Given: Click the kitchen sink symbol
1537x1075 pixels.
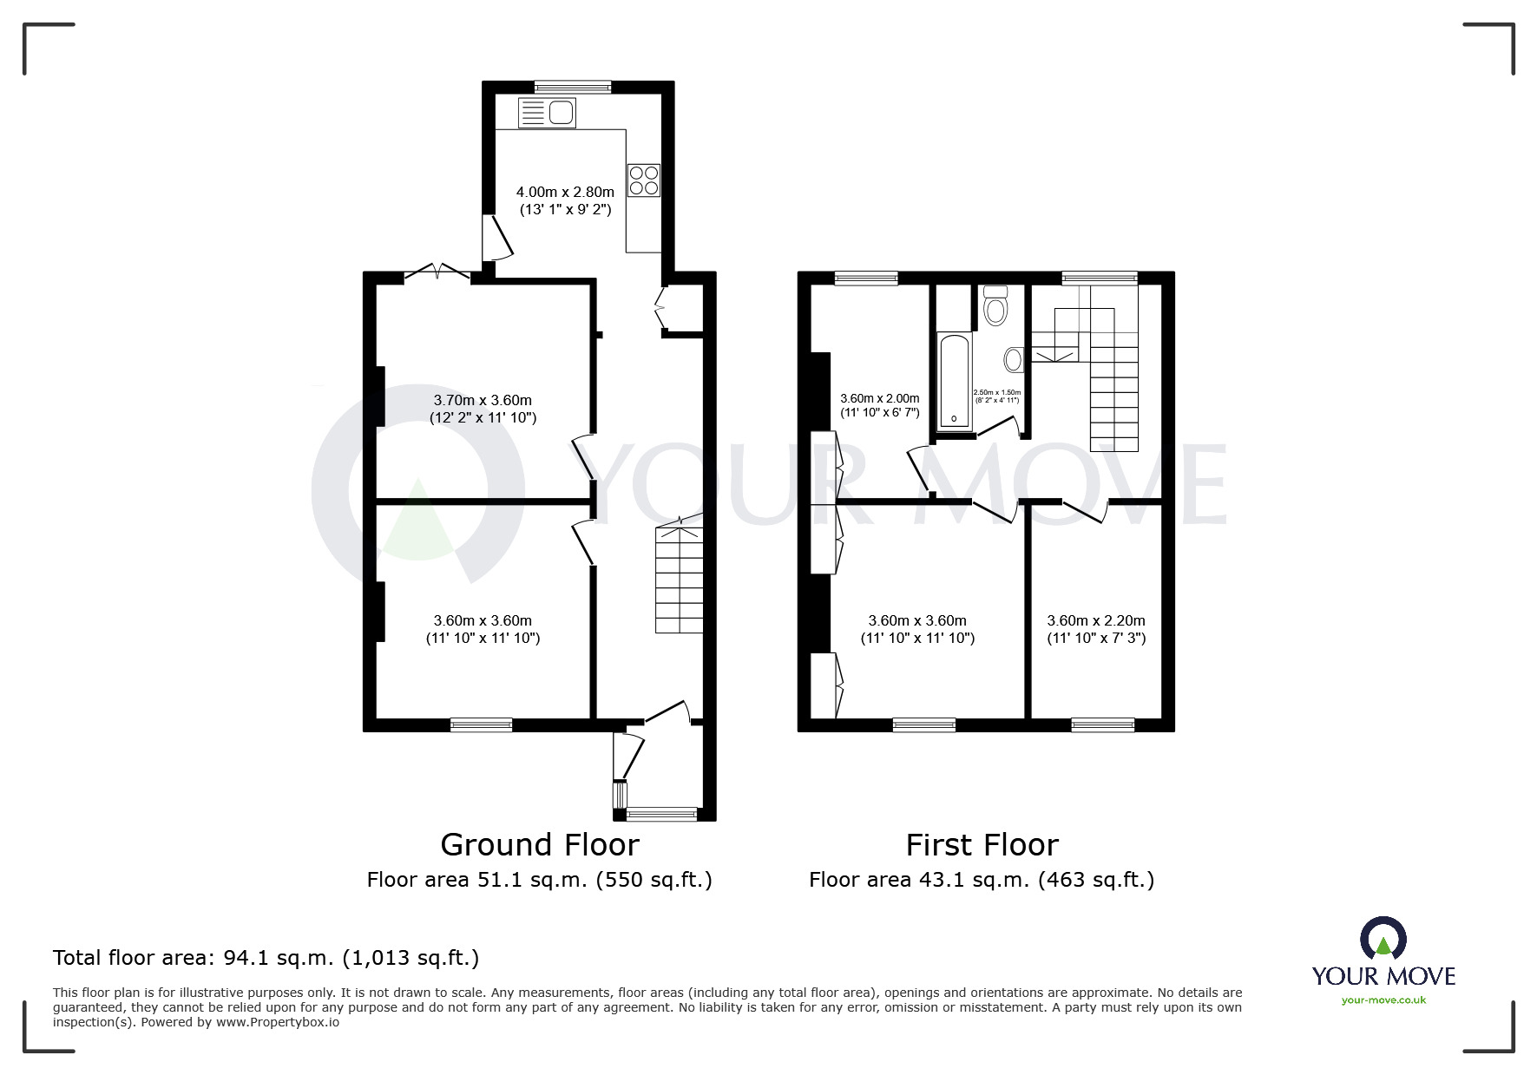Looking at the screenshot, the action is click(x=547, y=113).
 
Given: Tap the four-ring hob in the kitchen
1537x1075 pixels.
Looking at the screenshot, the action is click(x=644, y=180).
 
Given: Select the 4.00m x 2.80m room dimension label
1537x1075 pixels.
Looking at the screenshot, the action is click(x=565, y=200).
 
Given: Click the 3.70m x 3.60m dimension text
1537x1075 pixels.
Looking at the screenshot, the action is click(x=483, y=409).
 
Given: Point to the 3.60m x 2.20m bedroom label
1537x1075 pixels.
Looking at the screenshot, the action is click(x=1096, y=629).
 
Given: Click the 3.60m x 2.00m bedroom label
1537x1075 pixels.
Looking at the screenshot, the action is click(x=879, y=405).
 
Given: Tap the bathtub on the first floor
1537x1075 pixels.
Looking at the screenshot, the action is click(x=955, y=380).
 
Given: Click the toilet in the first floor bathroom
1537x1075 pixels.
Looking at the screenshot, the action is click(x=995, y=305).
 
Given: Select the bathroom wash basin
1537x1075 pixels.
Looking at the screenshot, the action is click(x=1014, y=359).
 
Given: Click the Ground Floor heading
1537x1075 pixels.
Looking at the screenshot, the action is click(x=540, y=844).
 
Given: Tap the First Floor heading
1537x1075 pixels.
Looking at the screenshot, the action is click(x=982, y=844).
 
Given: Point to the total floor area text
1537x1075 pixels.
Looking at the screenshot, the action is click(x=266, y=958).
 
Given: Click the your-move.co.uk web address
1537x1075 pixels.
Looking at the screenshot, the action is click(x=1383, y=1000).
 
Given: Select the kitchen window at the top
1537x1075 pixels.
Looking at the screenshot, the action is click(x=573, y=86).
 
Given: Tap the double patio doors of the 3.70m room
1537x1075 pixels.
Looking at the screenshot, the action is click(x=438, y=272).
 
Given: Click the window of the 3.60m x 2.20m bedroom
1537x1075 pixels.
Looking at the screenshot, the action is click(x=1103, y=724).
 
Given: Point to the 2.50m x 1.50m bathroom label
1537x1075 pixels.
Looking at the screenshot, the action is click(x=997, y=396).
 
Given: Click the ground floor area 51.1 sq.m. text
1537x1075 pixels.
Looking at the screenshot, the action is click(x=539, y=880).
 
